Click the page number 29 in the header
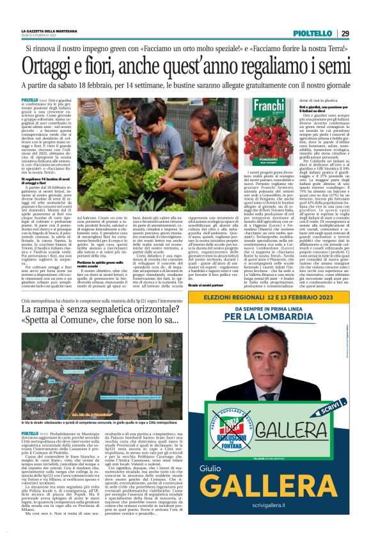[344, 33]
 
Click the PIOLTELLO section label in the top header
[312, 33]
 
